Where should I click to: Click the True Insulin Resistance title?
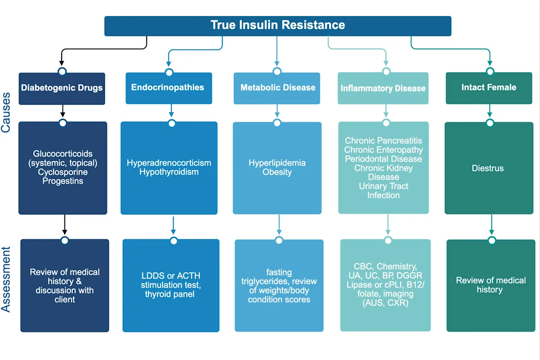pos(278,25)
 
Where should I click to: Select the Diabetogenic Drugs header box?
pos(62,88)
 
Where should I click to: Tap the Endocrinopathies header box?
pos(167,87)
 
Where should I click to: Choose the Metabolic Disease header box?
pos(278,88)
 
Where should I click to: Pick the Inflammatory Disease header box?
pos(383,88)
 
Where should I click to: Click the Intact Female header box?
pos(489,87)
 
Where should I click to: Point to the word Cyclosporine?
pos(63,172)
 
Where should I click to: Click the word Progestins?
pos(63,181)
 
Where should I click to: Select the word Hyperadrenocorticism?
pos(169,163)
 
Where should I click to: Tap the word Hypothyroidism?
pos(169,172)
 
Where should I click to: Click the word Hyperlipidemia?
pos(277,163)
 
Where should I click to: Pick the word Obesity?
pos(277,172)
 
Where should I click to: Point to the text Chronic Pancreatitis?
pos(383,141)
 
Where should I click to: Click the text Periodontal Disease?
pos(383,159)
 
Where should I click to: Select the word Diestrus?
pos(488,168)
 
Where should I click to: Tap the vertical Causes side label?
pos(6,112)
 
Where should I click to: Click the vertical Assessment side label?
pos(6,279)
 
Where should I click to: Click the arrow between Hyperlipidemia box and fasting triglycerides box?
pos(279,225)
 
